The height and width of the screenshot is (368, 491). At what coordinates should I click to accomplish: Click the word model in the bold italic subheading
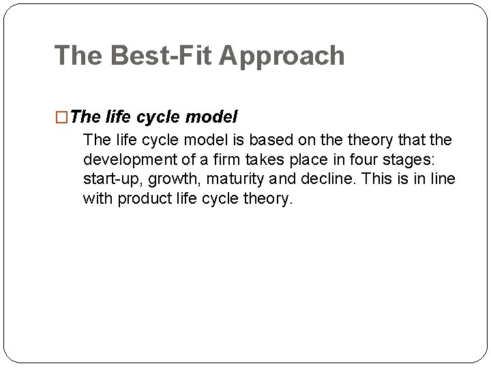pyautogui.click(x=212, y=117)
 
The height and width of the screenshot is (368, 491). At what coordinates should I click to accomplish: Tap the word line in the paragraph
pyautogui.click(x=442, y=179)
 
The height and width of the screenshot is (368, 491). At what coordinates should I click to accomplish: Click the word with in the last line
pyautogui.click(x=98, y=199)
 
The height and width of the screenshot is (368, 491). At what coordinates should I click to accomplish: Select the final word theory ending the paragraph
pyautogui.click(x=268, y=199)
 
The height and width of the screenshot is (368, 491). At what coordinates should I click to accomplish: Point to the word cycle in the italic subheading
pyautogui.click(x=160, y=117)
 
